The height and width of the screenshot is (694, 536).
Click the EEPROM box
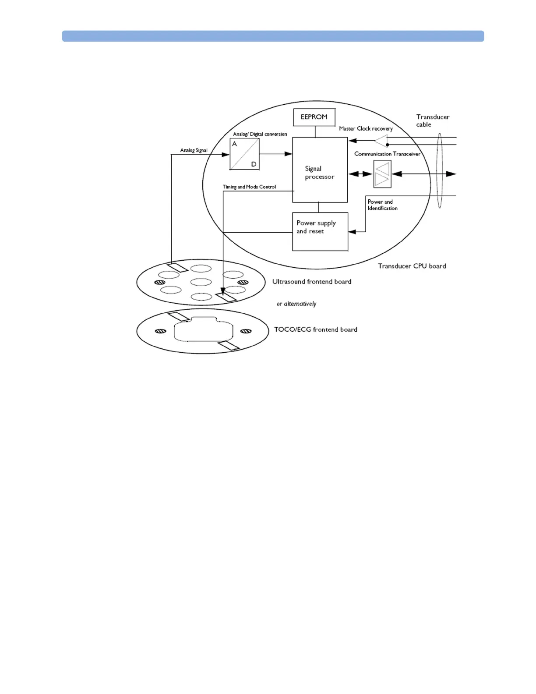click(x=314, y=117)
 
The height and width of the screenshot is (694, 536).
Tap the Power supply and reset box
click(x=320, y=231)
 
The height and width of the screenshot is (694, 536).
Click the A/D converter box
click(x=244, y=154)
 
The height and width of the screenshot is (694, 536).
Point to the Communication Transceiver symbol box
click(x=382, y=174)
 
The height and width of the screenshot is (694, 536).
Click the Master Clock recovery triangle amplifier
click(x=381, y=141)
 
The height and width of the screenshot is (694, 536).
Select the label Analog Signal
click(x=194, y=150)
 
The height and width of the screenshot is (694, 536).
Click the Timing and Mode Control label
click(x=249, y=187)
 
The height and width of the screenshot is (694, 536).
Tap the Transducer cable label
click(x=432, y=120)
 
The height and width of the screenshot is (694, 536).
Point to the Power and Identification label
click(x=382, y=205)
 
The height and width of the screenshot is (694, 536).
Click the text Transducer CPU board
click(x=412, y=266)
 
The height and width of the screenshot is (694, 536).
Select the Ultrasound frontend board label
click(x=311, y=282)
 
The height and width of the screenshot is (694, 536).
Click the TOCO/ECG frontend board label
click(x=315, y=329)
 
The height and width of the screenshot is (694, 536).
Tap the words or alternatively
click(x=296, y=304)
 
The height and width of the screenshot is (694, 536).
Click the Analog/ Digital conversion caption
click(x=260, y=134)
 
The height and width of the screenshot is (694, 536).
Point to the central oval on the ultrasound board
click(x=201, y=282)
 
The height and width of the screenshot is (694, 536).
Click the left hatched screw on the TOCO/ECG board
click(x=160, y=331)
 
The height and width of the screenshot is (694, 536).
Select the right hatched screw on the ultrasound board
click(x=243, y=282)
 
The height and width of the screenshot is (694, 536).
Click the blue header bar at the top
click(x=273, y=36)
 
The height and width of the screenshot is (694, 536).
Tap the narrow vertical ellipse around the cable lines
click(x=440, y=171)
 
